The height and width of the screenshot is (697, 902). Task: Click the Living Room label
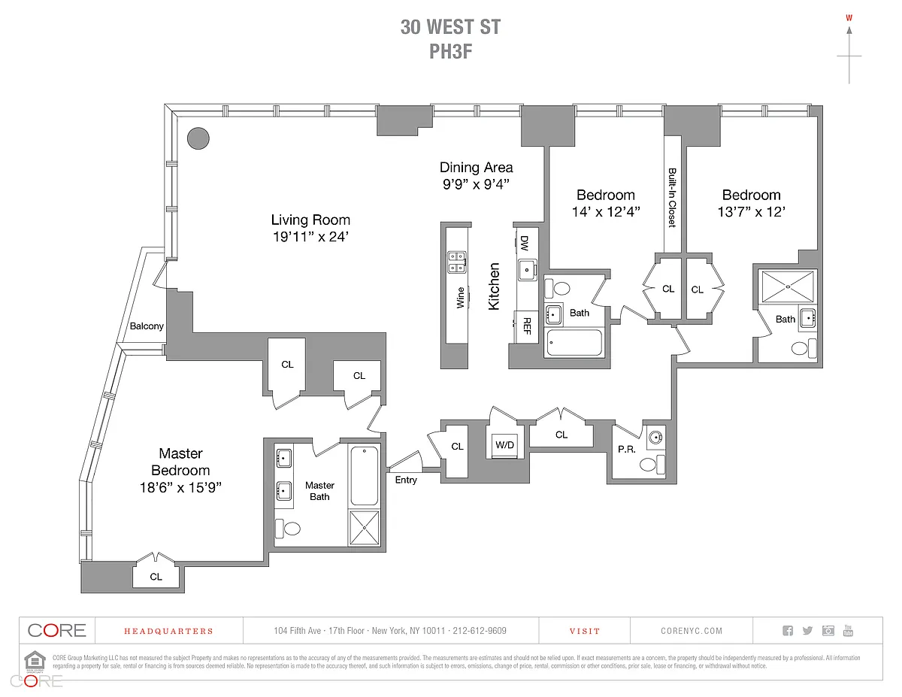point(310,220)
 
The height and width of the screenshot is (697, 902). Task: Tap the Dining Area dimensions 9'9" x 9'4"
point(476,183)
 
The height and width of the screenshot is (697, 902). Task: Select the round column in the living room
point(198,138)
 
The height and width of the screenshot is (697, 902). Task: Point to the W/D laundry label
point(504,445)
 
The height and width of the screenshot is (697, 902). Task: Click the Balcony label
point(147,326)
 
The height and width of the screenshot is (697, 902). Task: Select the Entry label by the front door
point(405,480)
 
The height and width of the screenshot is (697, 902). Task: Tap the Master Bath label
point(319,491)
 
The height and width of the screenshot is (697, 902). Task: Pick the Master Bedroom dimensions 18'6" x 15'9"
point(180,487)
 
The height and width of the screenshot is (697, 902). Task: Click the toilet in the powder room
point(649,465)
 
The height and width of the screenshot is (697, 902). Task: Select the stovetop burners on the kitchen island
point(456,261)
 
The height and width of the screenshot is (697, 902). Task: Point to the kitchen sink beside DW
point(526,268)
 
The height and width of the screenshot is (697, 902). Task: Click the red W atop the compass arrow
point(849,18)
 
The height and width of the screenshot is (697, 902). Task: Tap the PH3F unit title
point(450,51)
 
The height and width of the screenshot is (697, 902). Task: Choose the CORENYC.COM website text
point(692,631)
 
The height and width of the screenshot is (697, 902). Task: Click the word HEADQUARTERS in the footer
point(168,631)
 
